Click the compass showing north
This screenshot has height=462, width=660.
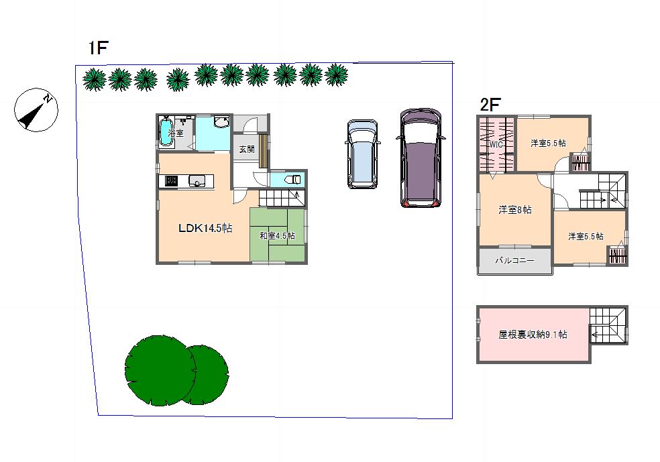coord(36,110)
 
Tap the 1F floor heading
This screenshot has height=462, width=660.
coord(99,48)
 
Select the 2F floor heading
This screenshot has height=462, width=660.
coord(490,105)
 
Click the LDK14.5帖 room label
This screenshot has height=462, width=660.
coord(205,228)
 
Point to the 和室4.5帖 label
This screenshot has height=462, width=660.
coord(277,236)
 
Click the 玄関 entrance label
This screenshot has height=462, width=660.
coord(247,149)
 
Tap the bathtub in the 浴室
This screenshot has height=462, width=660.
coord(166,132)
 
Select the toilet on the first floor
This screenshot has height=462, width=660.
coord(293,180)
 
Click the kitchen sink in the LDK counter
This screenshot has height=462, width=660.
coord(197,181)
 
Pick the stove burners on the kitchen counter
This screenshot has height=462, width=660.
coord(171,181)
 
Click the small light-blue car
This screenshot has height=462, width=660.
coord(362,154)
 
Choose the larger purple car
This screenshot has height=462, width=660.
coord(421,158)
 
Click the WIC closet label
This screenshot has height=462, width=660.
coord(496,145)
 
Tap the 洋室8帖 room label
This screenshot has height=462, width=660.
coord(514,209)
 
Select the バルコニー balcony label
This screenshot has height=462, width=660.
coord(514,260)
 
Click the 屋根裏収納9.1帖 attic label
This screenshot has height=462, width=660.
coord(533,335)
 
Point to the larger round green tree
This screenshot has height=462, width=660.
coord(160,370)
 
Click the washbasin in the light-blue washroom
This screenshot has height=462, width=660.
coord(221,121)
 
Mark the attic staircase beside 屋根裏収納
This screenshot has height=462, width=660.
coord(608,325)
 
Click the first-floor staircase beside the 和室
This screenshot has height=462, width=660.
coord(282,198)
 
